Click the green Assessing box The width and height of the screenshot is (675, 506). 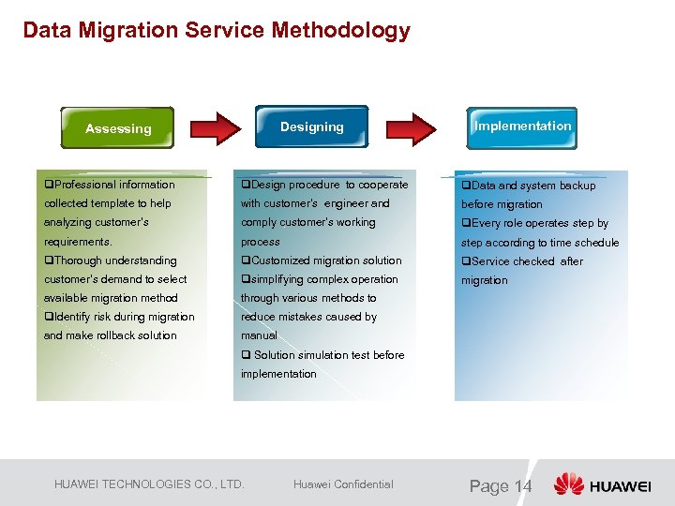click(x=118, y=128)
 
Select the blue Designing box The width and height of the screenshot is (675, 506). click(x=311, y=126)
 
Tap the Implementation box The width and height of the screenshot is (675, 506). click(x=522, y=126)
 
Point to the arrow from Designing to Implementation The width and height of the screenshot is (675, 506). click(x=412, y=128)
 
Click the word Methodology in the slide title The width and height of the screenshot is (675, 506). click(x=341, y=30)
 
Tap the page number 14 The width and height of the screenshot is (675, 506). click(x=521, y=485)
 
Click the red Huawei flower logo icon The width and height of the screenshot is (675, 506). click(x=568, y=484)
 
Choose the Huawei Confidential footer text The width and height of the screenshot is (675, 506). click(x=343, y=484)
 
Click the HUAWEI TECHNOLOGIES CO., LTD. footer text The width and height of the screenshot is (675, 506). click(x=149, y=484)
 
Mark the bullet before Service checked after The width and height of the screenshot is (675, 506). click(x=465, y=261)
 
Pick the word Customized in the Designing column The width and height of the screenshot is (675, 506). click(x=279, y=260)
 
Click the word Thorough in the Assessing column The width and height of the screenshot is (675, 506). click(x=77, y=260)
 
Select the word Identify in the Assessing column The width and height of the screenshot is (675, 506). click(x=72, y=317)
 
